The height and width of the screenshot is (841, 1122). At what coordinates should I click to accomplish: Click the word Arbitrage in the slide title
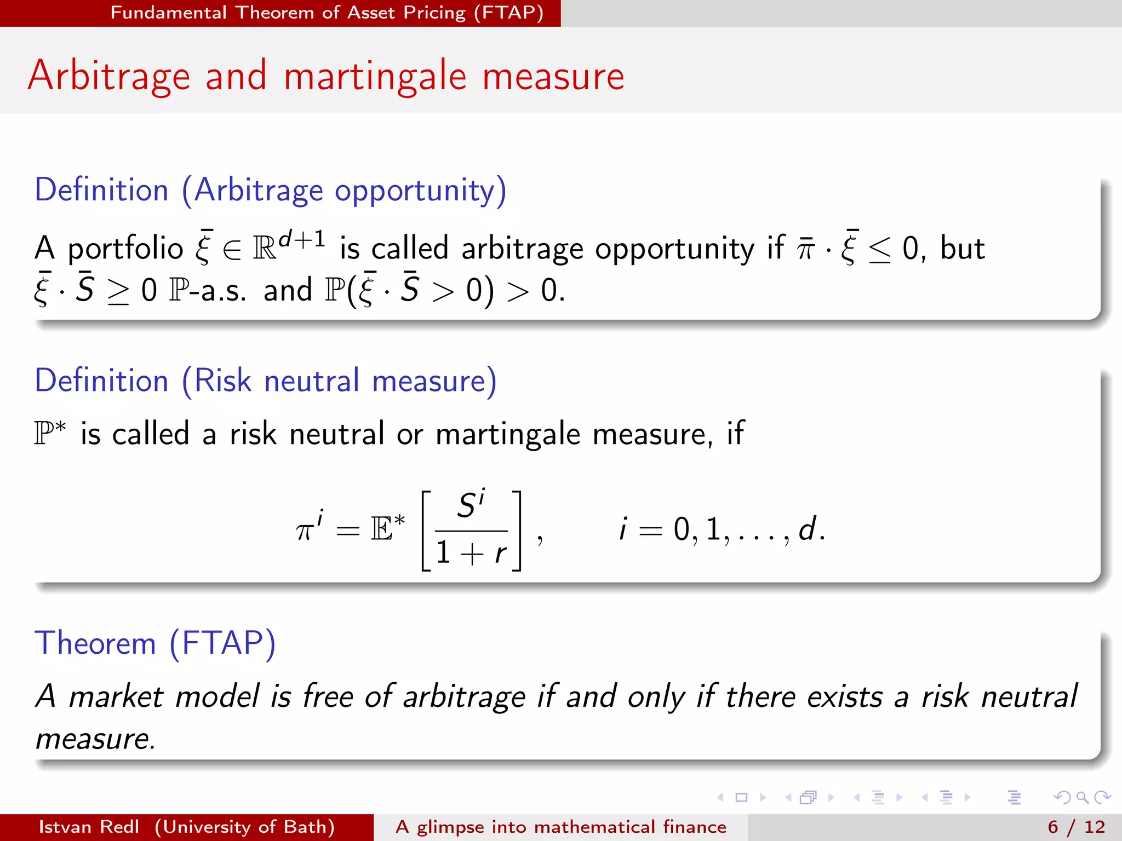(109, 77)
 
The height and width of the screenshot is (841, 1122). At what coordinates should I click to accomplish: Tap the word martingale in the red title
(375, 77)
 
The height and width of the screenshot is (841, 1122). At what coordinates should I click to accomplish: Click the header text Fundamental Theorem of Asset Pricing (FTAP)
(327, 13)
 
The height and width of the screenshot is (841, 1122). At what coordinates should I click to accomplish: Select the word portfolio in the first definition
(125, 249)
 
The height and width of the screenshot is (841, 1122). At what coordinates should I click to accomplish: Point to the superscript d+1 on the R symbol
(302, 239)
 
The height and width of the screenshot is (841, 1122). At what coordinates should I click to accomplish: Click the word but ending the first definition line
(962, 249)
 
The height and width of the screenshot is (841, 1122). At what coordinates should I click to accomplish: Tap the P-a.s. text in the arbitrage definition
(208, 290)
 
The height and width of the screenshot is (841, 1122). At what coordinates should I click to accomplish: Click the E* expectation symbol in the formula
(387, 529)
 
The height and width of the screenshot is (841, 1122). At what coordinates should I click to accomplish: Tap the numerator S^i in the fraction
(471, 504)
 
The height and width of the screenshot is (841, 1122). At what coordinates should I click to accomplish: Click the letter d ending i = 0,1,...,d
(807, 529)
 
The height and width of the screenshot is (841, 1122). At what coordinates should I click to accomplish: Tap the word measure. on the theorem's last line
(95, 739)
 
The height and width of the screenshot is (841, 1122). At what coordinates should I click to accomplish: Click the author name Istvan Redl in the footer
(89, 827)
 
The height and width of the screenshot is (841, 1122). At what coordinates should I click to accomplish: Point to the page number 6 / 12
(1076, 827)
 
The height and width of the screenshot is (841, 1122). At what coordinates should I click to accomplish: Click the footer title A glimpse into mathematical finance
(561, 827)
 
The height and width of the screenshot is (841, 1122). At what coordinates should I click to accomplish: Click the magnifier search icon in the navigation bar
(1082, 797)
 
